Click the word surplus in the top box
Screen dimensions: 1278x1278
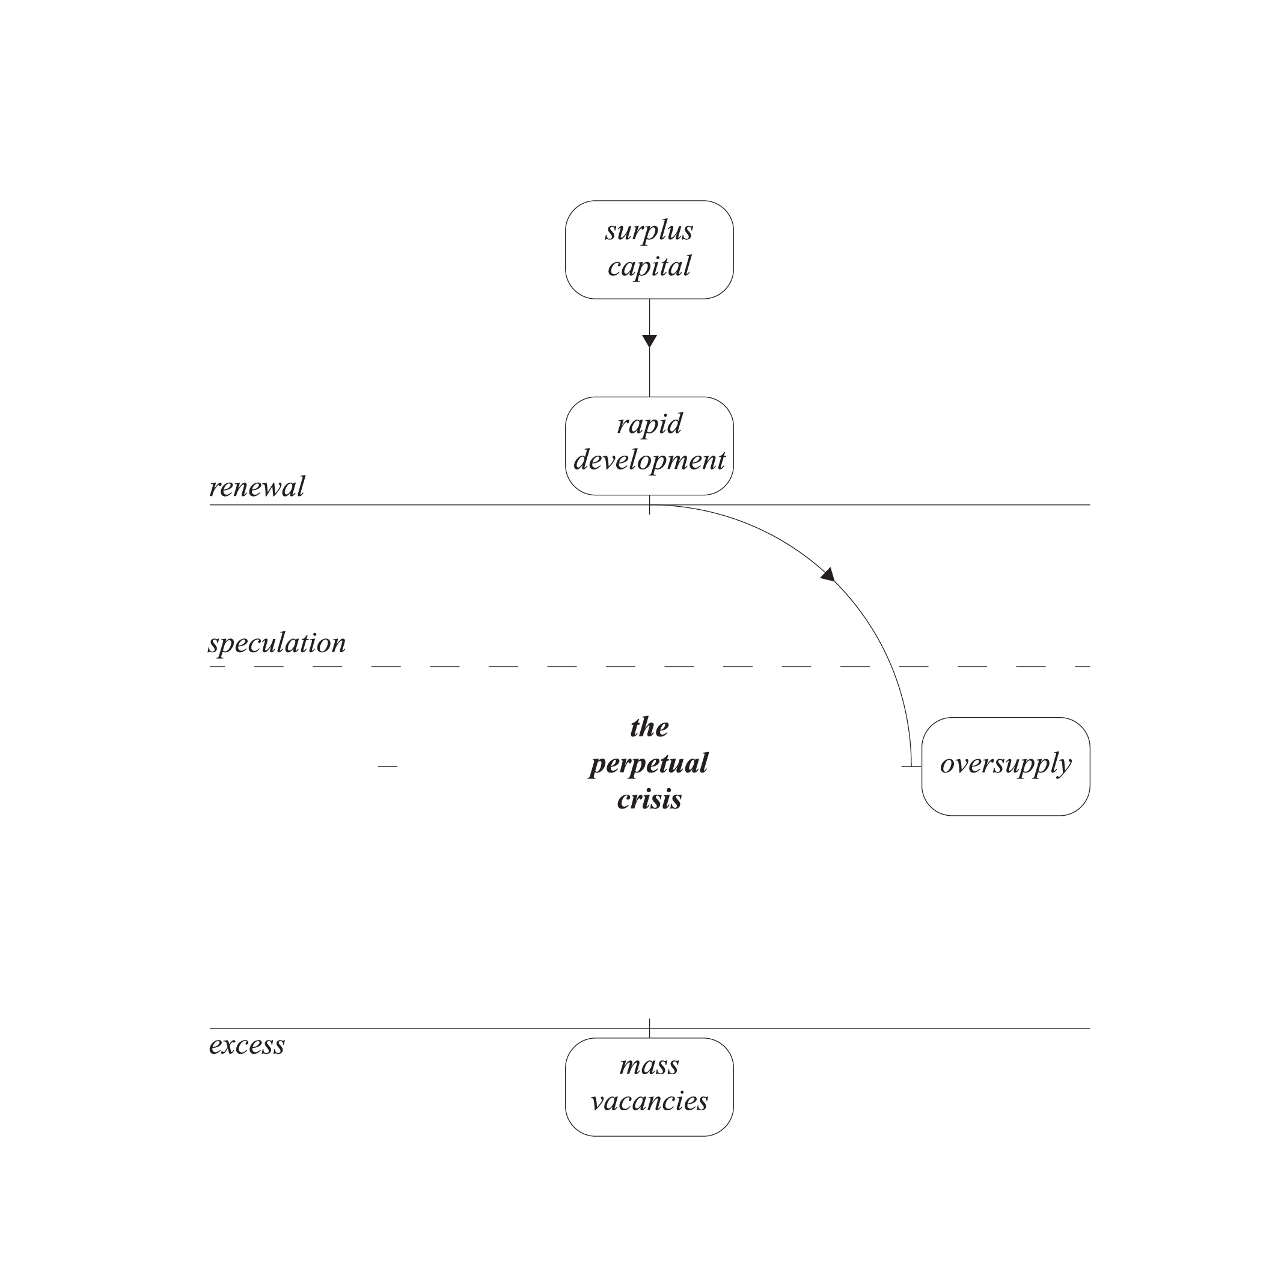pos(649,231)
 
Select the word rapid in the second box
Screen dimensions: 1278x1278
pos(649,424)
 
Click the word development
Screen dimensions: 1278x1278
pos(649,460)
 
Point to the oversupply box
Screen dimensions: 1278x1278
pos(1006,766)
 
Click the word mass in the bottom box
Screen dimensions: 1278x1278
pos(649,1066)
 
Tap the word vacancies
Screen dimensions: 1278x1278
pos(649,1101)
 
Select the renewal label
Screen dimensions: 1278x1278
pos(257,488)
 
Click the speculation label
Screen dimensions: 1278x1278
pos(277,644)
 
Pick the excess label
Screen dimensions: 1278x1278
pos(246,1046)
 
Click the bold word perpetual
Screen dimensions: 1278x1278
pos(649,764)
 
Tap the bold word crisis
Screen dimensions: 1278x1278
pos(649,800)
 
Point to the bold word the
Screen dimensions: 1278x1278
pos(649,727)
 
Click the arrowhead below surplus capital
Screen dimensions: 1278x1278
pos(650,341)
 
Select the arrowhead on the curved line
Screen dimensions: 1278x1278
pos(828,574)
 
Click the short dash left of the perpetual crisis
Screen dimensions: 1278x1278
pos(388,766)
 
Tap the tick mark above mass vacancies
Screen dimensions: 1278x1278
pos(650,1028)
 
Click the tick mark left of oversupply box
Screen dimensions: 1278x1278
pos(911,766)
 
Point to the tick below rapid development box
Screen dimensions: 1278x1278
pos(650,505)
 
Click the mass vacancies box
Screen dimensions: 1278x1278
pos(649,1087)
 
